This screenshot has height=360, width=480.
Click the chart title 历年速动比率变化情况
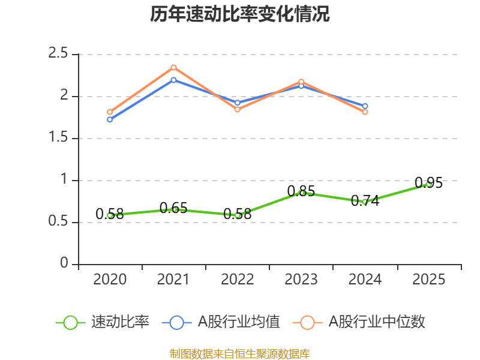(x=240, y=14)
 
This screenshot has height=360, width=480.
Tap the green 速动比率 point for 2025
(x=429, y=184)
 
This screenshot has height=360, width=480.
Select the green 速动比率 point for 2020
(x=110, y=215)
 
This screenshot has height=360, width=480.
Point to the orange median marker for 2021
(x=173, y=67)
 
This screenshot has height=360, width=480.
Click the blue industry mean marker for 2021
(x=173, y=80)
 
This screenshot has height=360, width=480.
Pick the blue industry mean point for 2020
(x=110, y=119)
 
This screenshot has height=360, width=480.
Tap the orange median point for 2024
(x=365, y=112)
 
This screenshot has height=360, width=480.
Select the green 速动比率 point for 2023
(x=301, y=193)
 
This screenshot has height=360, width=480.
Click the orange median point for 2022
(x=238, y=110)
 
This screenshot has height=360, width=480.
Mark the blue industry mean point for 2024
(x=365, y=106)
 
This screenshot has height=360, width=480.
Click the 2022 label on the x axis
(x=238, y=280)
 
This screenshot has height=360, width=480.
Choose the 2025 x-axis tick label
(x=429, y=280)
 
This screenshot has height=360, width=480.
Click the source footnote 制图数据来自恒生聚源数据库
(x=240, y=354)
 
